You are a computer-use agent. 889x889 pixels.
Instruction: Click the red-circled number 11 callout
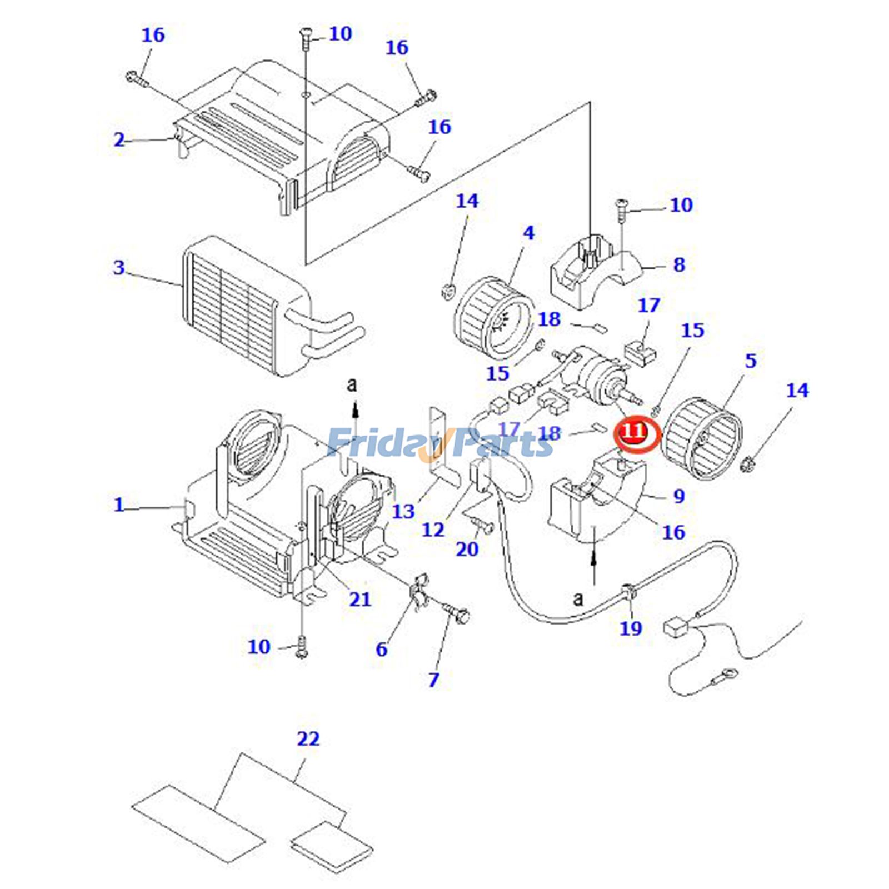(x=635, y=431)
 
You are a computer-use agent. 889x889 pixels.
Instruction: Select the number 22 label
(x=308, y=739)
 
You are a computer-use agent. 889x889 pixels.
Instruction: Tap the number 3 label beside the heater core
(x=119, y=268)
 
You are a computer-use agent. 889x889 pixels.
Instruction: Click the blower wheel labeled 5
(x=703, y=444)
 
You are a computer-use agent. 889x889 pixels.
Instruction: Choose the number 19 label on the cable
(x=631, y=628)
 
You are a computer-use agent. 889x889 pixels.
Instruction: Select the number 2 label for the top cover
(x=119, y=139)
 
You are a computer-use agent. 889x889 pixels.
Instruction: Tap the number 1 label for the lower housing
(x=119, y=505)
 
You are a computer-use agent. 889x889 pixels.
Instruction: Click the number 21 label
(x=360, y=599)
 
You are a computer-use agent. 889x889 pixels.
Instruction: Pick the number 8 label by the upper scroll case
(x=679, y=265)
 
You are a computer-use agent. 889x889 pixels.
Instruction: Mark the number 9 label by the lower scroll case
(x=679, y=496)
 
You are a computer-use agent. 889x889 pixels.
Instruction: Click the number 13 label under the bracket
(x=403, y=511)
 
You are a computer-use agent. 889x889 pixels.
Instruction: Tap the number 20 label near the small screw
(x=467, y=549)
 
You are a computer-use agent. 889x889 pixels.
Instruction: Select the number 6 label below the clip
(x=381, y=648)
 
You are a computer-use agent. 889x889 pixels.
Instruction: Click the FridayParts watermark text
(x=439, y=443)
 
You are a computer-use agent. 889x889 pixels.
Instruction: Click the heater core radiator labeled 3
(x=244, y=306)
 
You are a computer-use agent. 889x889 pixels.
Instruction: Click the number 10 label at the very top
(x=340, y=34)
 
